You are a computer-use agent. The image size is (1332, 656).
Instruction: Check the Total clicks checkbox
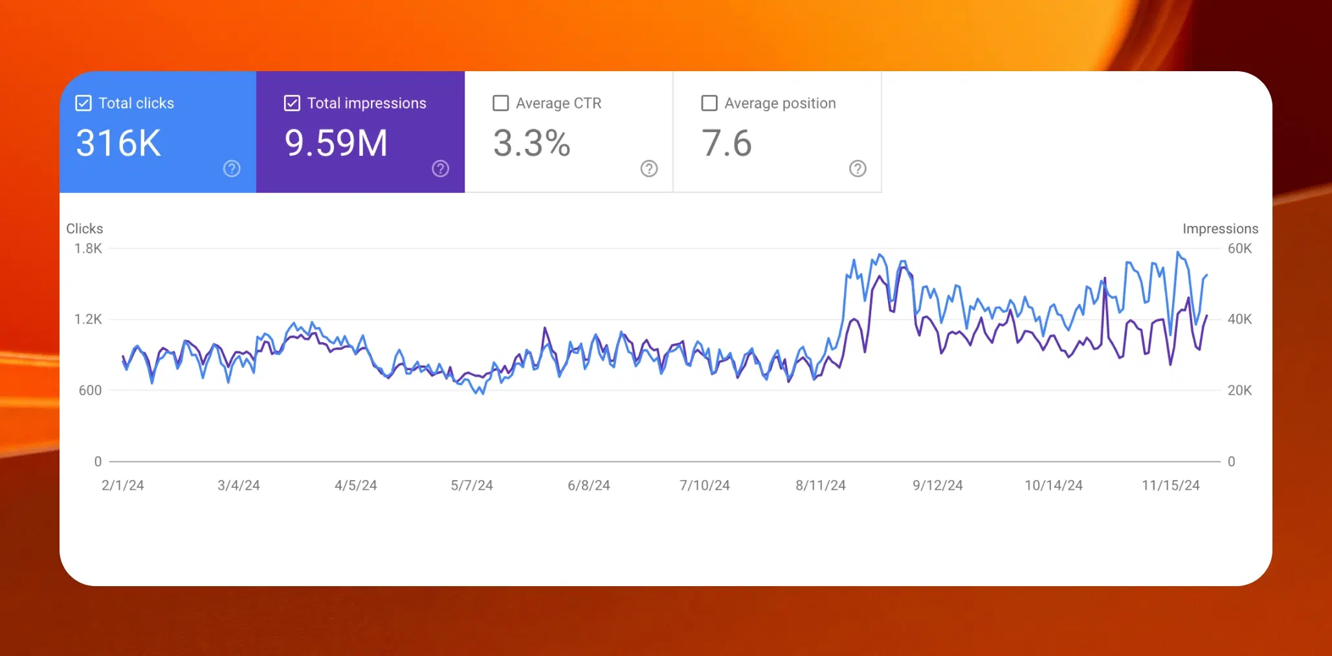click(83, 104)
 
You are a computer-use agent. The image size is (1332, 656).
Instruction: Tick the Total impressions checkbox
click(292, 104)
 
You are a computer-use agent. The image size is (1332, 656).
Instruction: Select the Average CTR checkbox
click(500, 104)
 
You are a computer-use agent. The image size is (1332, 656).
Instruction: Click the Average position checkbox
click(709, 104)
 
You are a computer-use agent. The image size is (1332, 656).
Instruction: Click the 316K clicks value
click(118, 143)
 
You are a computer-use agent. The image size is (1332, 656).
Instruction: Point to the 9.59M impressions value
click(336, 143)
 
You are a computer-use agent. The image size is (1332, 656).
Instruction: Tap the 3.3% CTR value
click(531, 143)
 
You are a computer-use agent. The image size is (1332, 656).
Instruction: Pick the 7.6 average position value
click(726, 143)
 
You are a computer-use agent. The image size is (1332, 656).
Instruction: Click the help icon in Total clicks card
click(232, 169)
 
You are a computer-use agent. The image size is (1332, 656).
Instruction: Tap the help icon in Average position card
click(858, 169)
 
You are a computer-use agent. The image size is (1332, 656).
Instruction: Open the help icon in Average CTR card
click(649, 169)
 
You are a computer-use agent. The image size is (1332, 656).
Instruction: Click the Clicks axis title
click(85, 228)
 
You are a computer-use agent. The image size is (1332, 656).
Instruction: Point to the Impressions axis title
click(1220, 228)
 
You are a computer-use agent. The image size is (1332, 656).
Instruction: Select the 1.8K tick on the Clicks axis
click(88, 248)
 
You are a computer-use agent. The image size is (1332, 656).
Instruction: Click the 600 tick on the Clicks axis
click(90, 390)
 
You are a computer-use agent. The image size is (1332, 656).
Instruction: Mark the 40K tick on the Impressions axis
click(1239, 319)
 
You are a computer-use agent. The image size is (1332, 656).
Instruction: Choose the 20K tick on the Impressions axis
click(1239, 390)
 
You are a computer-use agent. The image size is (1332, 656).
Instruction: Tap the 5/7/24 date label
click(472, 485)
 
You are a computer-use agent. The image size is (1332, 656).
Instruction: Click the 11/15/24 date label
click(1170, 485)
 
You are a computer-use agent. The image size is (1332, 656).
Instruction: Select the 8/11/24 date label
click(821, 485)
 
